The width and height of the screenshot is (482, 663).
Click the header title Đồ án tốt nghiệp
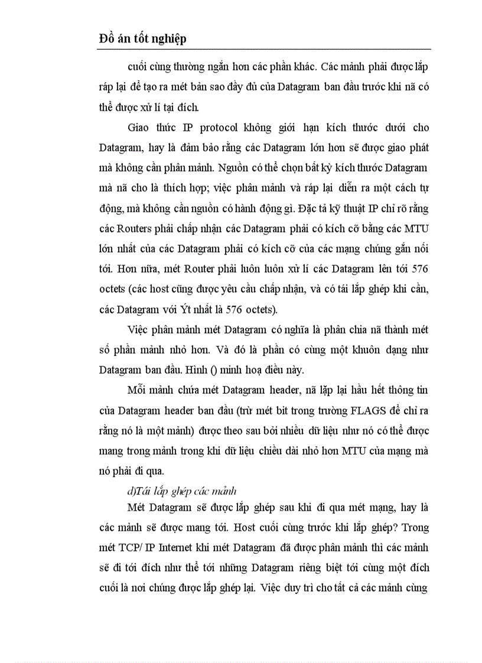(x=142, y=38)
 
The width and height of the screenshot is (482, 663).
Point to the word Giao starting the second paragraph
(x=139, y=128)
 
